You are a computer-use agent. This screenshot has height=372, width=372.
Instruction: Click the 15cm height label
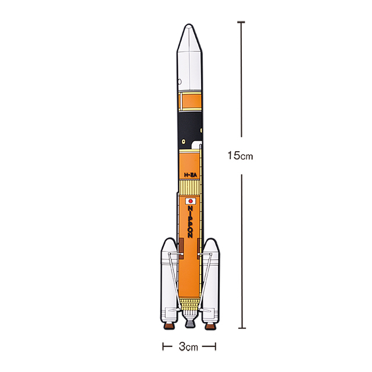[x=240, y=156]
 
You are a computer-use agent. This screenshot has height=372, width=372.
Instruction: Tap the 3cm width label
[x=188, y=346]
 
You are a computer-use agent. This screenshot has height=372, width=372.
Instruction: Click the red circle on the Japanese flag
[x=191, y=201]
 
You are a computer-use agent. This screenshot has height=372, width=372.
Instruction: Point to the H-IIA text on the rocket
[x=191, y=175]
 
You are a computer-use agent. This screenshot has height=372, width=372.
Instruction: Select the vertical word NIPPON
[x=190, y=222]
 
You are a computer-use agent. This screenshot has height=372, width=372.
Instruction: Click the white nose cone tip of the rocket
[x=189, y=25]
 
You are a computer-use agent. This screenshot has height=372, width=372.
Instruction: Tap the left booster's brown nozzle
[x=169, y=325]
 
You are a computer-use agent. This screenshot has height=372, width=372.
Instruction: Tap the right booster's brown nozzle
[x=210, y=325]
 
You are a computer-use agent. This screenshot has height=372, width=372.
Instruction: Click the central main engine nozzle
[x=190, y=323]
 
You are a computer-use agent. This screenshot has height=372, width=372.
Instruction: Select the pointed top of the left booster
[x=169, y=239]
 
